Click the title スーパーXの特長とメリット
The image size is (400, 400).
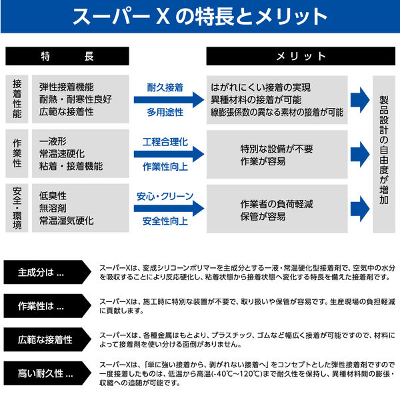tap(200, 17)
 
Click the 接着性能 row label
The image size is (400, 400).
tap(17, 99)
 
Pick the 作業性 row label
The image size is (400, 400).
tap(17, 154)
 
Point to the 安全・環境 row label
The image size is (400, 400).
tap(17, 208)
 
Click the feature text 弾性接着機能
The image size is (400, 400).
tap(66, 87)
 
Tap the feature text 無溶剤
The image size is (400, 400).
tap(53, 208)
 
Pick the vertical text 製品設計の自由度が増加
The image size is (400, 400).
tap(383, 153)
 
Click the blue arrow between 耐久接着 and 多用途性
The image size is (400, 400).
tap(169, 100)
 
